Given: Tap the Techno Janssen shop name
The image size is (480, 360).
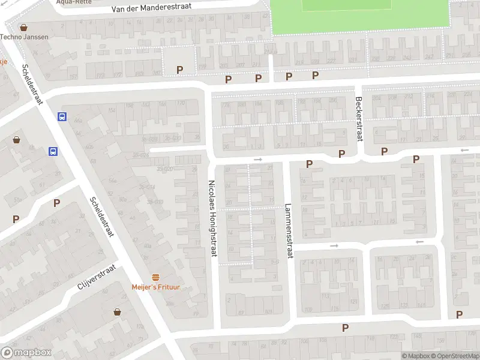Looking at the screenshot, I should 24,37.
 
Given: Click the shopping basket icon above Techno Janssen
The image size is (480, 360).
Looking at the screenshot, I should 23,28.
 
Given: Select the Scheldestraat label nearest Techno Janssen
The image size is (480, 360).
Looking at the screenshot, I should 31,85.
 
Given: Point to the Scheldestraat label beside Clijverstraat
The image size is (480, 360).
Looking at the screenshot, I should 101,217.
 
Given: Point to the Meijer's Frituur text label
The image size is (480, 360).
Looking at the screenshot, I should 156,287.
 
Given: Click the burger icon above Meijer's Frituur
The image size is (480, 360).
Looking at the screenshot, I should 156,277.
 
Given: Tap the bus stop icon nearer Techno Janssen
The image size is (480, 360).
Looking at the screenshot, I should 62,117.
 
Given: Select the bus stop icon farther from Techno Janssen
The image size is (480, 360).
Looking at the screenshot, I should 53,152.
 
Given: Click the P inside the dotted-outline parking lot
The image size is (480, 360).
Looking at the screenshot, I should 179,70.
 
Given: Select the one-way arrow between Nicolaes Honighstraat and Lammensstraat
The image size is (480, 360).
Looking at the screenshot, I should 258,160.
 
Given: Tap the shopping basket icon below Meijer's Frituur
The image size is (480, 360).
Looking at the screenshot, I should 118,312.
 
